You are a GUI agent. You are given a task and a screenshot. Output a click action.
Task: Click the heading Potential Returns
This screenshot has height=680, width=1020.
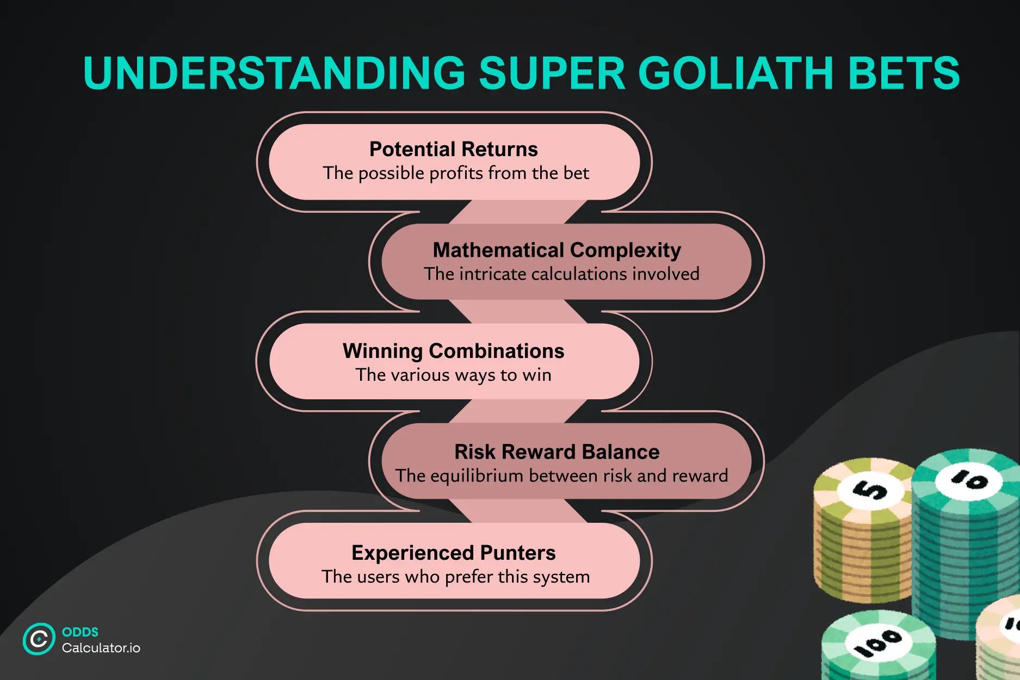click(453, 149)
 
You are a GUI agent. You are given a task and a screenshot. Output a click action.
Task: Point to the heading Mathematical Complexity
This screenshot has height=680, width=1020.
click(557, 250)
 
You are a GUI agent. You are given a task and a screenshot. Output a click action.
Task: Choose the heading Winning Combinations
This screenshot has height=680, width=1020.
click(453, 351)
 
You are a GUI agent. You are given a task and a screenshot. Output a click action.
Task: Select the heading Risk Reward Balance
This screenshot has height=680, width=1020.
click(557, 452)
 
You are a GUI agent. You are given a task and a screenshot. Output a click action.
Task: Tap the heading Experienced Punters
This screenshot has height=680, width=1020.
click(453, 553)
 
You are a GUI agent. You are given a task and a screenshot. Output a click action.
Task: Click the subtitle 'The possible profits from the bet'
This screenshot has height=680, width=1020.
click(455, 173)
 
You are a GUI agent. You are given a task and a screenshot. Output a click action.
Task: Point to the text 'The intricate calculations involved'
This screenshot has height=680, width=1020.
click(561, 274)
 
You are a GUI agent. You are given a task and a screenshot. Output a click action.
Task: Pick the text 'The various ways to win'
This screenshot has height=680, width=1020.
click(453, 375)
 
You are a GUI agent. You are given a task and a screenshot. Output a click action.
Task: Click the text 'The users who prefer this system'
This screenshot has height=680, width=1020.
click(455, 577)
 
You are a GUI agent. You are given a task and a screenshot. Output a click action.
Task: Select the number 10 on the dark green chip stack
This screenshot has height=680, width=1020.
click(969, 480)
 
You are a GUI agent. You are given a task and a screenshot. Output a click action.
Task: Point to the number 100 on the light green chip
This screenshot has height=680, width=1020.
click(877, 642)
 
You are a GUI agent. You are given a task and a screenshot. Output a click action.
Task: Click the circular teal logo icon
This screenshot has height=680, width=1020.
click(39, 639)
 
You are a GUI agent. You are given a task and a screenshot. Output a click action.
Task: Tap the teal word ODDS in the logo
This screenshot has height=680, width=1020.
click(80, 632)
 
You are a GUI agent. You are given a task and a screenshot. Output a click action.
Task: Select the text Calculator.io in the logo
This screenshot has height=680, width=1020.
click(101, 648)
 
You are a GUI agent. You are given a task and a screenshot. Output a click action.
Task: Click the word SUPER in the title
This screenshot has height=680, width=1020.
click(552, 73)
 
